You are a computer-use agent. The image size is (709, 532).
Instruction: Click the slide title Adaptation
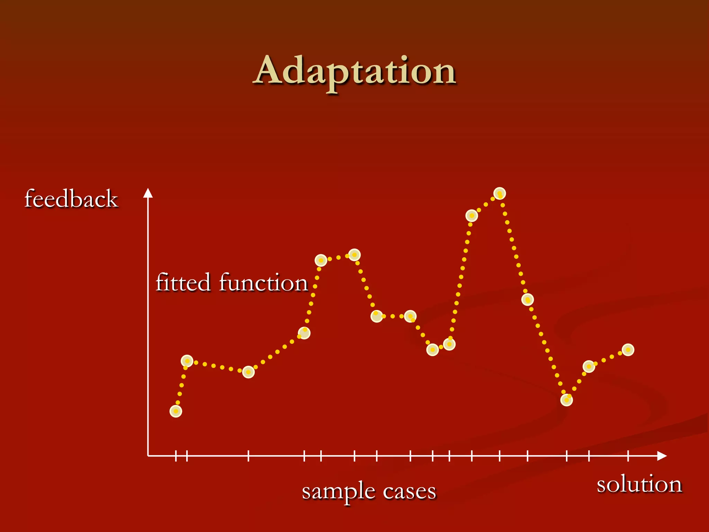355,71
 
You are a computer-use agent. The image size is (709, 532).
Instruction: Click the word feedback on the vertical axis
71,199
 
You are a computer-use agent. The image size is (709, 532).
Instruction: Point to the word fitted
183,282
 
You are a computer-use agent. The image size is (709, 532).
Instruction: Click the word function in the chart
263,282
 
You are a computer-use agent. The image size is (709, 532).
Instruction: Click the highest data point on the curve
500,193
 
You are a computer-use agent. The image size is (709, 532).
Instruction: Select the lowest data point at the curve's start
176,411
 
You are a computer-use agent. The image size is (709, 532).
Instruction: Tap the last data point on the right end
628,350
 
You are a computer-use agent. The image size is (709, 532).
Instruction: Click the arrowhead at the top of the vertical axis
148,193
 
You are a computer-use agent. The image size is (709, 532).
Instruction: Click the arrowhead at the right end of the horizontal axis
662,456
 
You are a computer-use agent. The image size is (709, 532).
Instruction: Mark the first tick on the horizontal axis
176,456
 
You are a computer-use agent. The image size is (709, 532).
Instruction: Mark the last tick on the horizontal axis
628,456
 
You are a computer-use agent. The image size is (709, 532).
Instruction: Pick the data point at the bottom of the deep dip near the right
566,400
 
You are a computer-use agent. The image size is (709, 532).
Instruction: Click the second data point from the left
187,361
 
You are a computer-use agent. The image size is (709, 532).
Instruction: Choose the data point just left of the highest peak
472,215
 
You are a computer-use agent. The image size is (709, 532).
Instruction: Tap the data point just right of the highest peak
527,299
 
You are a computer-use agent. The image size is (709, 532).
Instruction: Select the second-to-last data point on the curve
589,366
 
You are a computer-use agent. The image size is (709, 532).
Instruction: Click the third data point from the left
248,372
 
